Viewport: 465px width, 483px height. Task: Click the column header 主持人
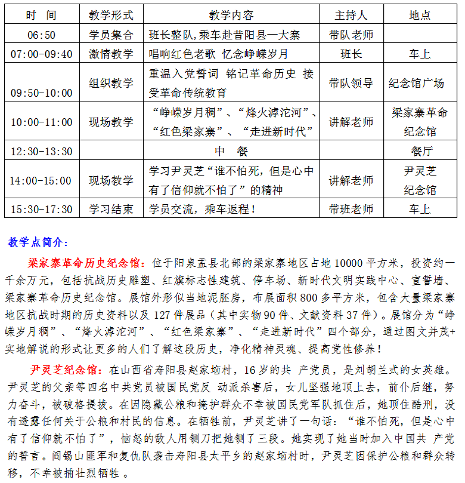point(351,15)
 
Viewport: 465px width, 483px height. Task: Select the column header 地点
point(420,15)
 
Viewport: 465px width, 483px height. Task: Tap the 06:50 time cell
point(41,35)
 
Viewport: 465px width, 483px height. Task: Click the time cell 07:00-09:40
point(41,54)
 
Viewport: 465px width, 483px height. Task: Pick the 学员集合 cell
point(111,35)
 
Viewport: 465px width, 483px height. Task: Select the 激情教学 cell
point(111,54)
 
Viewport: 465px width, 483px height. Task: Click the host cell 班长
point(351,54)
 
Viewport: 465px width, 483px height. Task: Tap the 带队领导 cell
point(351,83)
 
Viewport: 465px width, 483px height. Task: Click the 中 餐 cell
point(232,150)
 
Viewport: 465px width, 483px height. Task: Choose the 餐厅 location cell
point(420,150)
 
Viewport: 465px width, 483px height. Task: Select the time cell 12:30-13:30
point(41,151)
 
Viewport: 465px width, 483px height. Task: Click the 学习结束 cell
point(111,209)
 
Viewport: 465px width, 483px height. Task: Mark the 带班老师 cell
point(351,209)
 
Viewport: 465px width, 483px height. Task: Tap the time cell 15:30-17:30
point(41,210)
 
